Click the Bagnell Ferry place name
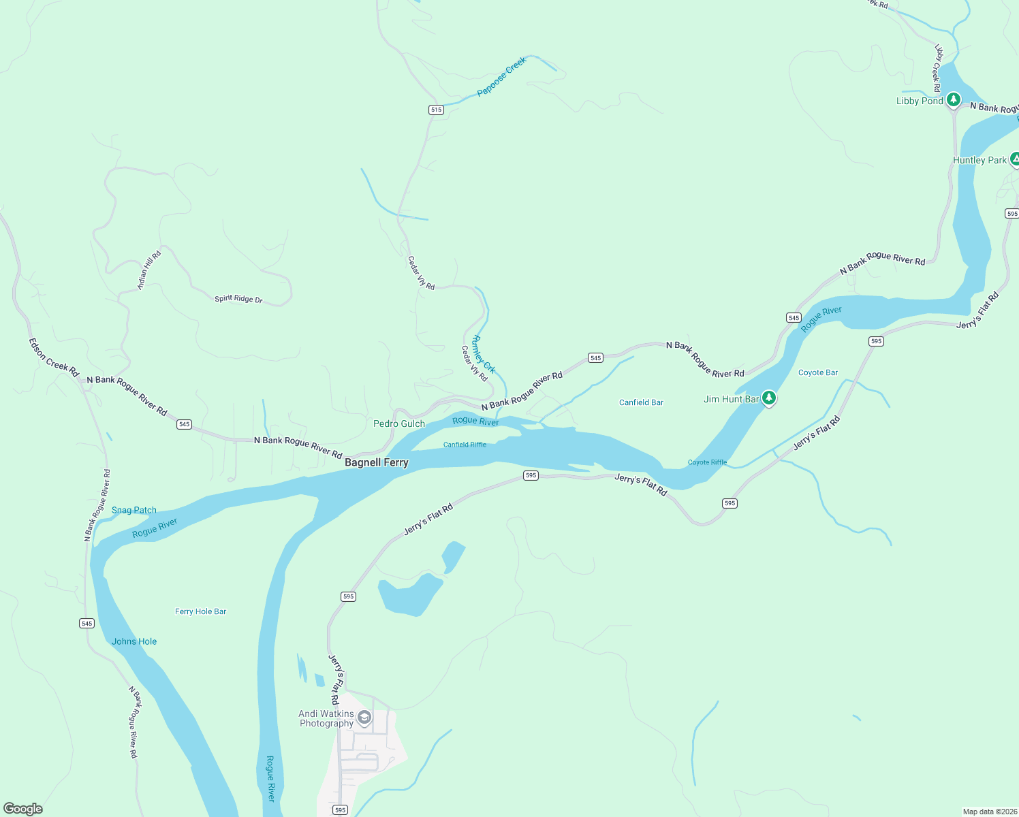point(376,462)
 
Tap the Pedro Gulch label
point(399,423)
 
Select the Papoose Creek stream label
point(501,76)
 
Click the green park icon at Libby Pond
point(954,100)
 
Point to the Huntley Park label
point(979,160)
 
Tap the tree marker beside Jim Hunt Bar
point(769,398)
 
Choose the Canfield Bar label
point(641,402)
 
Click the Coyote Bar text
point(818,372)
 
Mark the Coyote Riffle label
point(707,462)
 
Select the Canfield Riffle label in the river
point(465,445)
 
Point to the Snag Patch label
point(134,510)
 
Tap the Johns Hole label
point(134,641)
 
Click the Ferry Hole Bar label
point(200,611)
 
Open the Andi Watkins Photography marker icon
point(364,718)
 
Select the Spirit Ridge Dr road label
point(238,299)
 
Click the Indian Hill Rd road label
point(149,270)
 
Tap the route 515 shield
point(436,110)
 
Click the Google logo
point(23,808)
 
